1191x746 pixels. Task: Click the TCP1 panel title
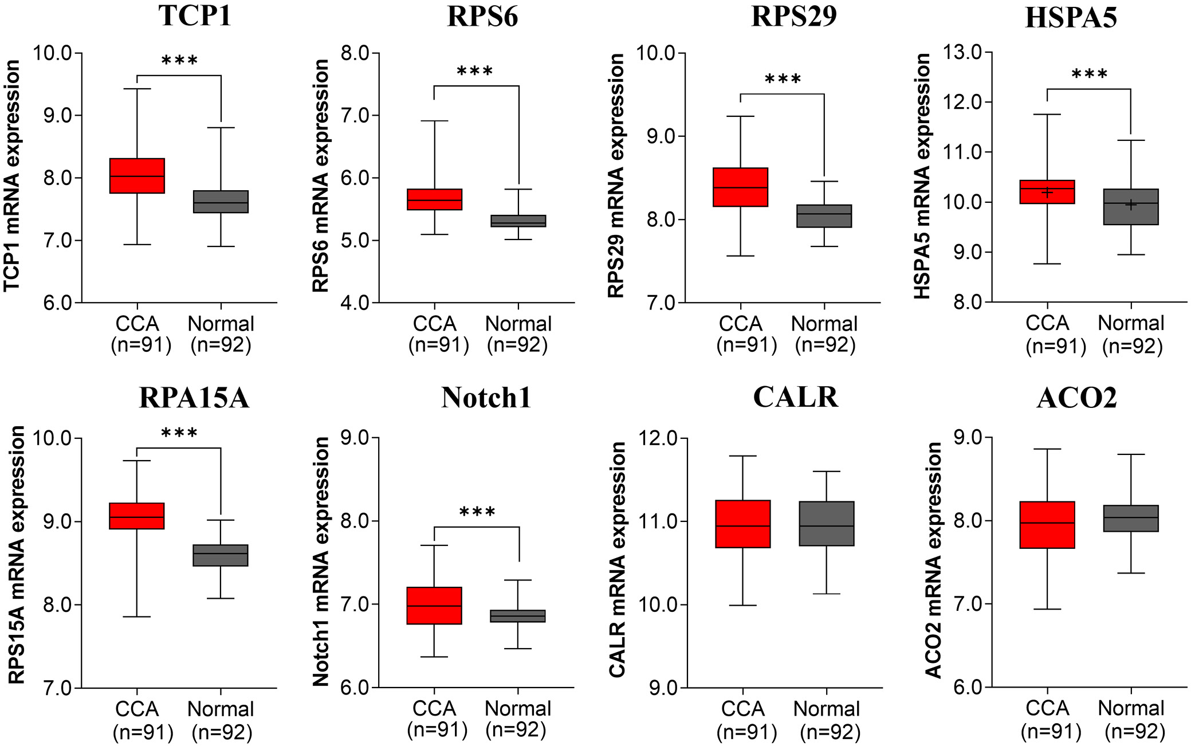[195, 16]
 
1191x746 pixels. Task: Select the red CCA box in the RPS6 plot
[434, 199]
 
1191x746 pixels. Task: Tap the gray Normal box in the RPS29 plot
[824, 216]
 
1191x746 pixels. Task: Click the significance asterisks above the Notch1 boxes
[477, 512]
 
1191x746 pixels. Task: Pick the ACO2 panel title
[1076, 398]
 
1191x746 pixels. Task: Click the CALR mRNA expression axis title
[617, 560]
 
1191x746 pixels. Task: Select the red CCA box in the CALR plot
[743, 524]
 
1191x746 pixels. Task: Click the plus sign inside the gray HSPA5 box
[1131, 205]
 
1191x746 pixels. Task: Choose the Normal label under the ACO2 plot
[1131, 709]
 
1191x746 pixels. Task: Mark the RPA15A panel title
[194, 398]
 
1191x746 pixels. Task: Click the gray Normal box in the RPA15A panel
[221, 555]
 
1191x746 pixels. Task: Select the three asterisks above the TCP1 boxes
[179, 61]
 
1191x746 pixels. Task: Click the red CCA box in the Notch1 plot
[434, 606]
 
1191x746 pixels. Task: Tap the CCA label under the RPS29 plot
[741, 324]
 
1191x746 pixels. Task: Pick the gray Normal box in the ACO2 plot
[1131, 519]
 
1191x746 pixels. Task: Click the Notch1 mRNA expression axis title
[321, 562]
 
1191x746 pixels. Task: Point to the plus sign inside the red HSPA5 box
[1047, 193]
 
